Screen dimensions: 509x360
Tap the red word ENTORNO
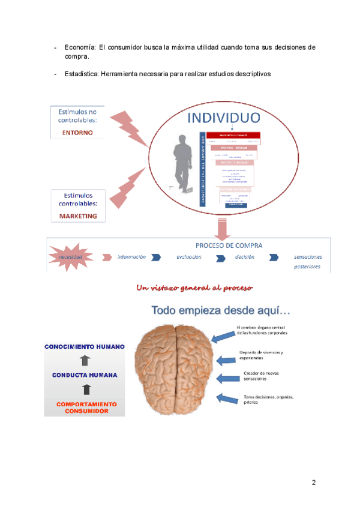(77, 133)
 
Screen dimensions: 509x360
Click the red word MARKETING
(77, 216)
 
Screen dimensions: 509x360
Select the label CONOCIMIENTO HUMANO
(85, 346)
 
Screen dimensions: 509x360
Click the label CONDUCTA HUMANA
(85, 375)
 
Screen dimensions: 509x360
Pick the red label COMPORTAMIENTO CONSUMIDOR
(85, 408)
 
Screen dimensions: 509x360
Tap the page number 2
(313, 483)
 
